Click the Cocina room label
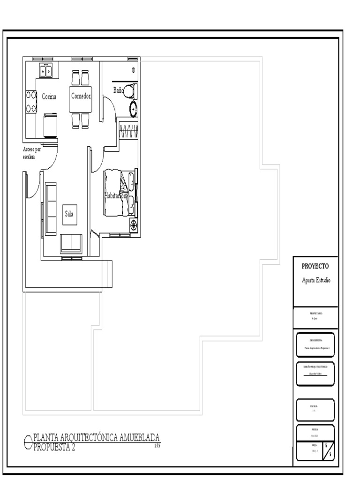pyautogui.click(x=49, y=97)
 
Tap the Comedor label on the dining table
pyautogui.click(x=81, y=96)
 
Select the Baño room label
pyautogui.click(x=119, y=90)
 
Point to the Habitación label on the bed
pyautogui.click(x=115, y=196)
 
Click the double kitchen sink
pyautogui.click(x=46, y=70)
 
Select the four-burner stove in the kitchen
pyautogui.click(x=31, y=102)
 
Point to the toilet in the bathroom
pyautogui.click(x=132, y=90)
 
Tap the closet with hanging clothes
pyautogui.click(x=128, y=130)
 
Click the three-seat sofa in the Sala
pyautogui.click(x=51, y=208)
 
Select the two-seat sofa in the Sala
pyautogui.click(x=71, y=243)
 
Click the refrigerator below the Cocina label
pyautogui.click(x=50, y=125)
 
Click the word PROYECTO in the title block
pyautogui.click(x=315, y=266)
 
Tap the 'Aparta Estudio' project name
pyautogui.click(x=316, y=280)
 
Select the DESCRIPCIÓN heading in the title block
pyautogui.click(x=316, y=340)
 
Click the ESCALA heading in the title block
pyautogui.click(x=314, y=406)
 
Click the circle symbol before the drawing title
pyautogui.click(x=28, y=441)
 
